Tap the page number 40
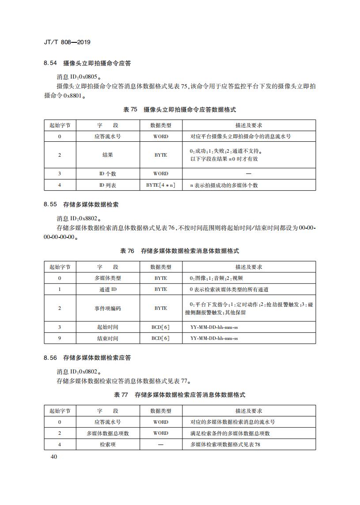pos(55,456)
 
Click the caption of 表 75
pos(180,109)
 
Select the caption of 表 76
pos(180,251)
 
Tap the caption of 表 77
pos(180,395)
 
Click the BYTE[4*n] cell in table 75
pos(161,185)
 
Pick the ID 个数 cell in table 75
pos(108,173)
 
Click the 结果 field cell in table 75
pos(108,155)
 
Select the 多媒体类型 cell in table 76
pos(108,278)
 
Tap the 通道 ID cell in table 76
pos(108,290)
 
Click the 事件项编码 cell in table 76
pos(108,308)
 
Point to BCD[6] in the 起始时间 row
pos(161,327)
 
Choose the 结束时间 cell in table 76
pos(108,339)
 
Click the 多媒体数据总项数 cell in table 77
pos(108,433)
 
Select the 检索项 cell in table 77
pos(108,445)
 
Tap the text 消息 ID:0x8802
pos(79,218)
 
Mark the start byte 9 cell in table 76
pos(60,339)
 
